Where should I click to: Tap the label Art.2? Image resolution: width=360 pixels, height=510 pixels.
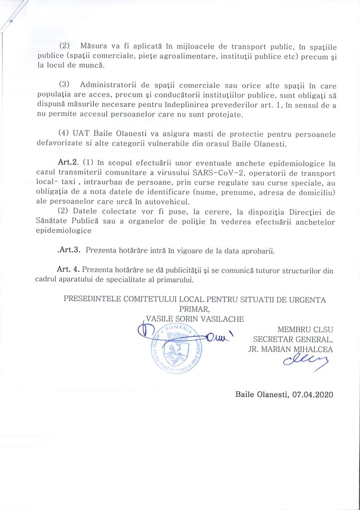[x=68, y=163]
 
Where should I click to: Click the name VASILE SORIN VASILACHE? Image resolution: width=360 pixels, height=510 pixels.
[x=194, y=318]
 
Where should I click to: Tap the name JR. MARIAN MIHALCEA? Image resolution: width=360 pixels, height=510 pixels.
[x=290, y=349]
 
